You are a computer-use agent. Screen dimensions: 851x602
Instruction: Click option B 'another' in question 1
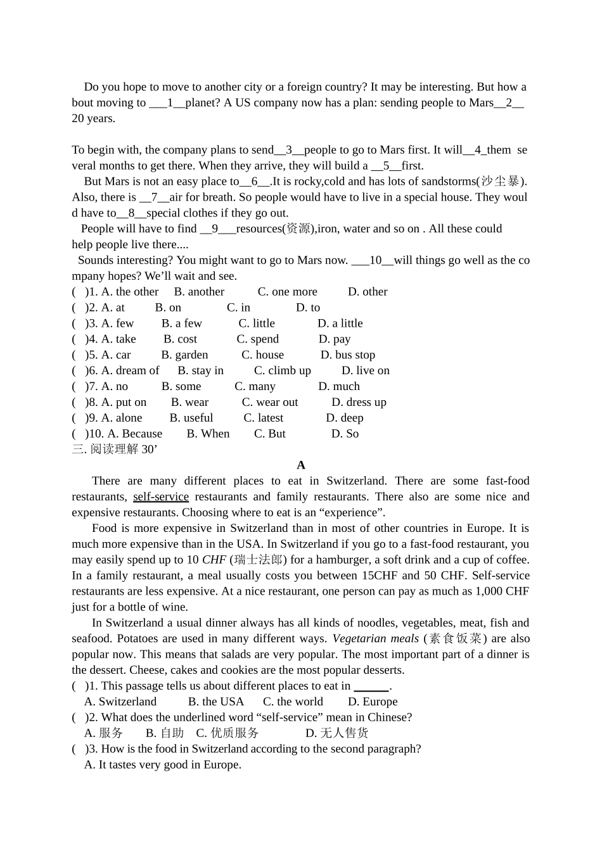click(x=199, y=292)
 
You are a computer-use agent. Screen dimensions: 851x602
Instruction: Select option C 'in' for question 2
click(x=238, y=308)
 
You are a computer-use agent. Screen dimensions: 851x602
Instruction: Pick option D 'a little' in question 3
click(x=340, y=324)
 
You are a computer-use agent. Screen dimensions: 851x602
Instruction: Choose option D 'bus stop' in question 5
click(x=348, y=355)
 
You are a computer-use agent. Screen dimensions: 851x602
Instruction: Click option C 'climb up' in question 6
click(x=283, y=371)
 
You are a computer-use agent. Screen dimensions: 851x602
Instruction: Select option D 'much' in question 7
click(x=339, y=387)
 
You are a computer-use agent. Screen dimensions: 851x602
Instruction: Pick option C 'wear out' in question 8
click(x=270, y=403)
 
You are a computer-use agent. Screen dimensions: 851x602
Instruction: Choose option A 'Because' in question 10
click(x=135, y=434)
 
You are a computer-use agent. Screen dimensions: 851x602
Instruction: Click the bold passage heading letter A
click(x=301, y=465)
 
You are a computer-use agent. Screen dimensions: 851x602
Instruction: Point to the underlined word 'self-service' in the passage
click(x=161, y=497)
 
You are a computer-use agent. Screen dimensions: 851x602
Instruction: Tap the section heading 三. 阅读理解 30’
click(x=114, y=450)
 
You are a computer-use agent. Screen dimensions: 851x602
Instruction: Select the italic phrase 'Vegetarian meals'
click(x=376, y=639)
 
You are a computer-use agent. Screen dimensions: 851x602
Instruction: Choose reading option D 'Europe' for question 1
click(x=373, y=702)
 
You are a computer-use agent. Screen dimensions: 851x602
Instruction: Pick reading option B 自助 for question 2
click(x=165, y=733)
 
